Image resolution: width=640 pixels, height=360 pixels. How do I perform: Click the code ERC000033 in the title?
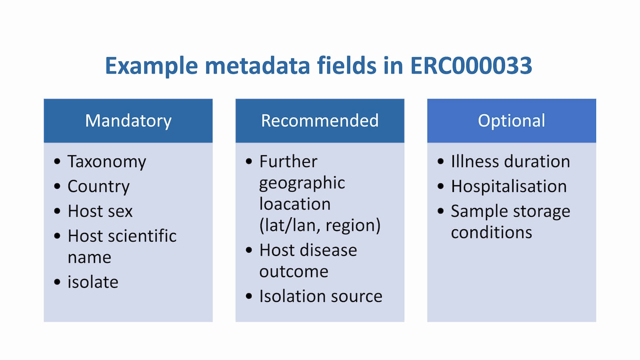(x=471, y=66)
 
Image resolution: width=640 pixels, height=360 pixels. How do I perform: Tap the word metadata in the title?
(x=257, y=66)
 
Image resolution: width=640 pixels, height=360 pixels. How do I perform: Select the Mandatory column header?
(x=128, y=120)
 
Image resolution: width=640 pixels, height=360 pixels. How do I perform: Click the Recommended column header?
(x=320, y=120)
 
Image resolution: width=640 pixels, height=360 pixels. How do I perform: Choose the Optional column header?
(x=512, y=120)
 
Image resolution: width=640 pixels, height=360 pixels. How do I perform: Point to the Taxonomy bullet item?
(x=106, y=162)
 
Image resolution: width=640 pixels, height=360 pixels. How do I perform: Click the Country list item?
(x=98, y=186)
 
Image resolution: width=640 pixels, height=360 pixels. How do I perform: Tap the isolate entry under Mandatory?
(x=93, y=282)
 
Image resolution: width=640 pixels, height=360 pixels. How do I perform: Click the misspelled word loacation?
(x=295, y=204)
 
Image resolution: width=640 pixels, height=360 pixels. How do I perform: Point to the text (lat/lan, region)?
(x=320, y=226)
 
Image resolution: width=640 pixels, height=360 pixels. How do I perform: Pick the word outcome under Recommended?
(x=294, y=272)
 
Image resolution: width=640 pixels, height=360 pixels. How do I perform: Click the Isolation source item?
(x=321, y=296)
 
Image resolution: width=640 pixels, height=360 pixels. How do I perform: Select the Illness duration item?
(x=510, y=162)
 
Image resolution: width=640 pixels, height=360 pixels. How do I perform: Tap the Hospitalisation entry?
(x=509, y=186)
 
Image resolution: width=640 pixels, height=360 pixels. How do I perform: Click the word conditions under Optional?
(x=492, y=232)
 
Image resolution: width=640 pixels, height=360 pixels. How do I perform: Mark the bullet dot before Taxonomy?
(x=57, y=161)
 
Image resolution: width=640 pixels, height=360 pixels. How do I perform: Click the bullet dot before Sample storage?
(x=440, y=211)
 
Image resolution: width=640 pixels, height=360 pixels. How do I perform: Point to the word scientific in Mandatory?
(x=142, y=236)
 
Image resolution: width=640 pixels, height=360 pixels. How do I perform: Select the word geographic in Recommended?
(x=302, y=183)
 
